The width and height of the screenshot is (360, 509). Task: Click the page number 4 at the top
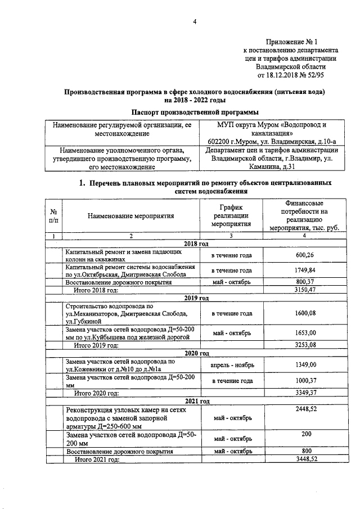pyautogui.click(x=195, y=22)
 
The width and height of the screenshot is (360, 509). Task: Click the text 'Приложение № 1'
pyautogui.click(x=291, y=42)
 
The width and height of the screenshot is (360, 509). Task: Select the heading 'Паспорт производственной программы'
pyautogui.click(x=195, y=111)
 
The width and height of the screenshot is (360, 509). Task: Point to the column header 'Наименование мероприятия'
pyautogui.click(x=130, y=215)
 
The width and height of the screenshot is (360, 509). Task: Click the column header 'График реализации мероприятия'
pyautogui.click(x=231, y=215)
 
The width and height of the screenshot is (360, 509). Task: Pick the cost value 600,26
pyautogui.click(x=303, y=255)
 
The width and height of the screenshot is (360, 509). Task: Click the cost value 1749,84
pyautogui.click(x=303, y=271)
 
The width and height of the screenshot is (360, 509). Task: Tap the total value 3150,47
pyautogui.click(x=303, y=290)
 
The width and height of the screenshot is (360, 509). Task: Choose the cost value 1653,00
pyautogui.click(x=303, y=332)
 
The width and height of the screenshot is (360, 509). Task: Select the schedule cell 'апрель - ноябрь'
pyautogui.click(x=232, y=365)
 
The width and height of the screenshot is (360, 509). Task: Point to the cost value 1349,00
pyautogui.click(x=303, y=365)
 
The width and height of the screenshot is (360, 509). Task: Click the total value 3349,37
pyautogui.click(x=303, y=393)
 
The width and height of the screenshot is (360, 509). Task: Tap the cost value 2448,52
pyautogui.click(x=303, y=411)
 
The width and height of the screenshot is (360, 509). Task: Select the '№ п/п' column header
pyautogui.click(x=55, y=215)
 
